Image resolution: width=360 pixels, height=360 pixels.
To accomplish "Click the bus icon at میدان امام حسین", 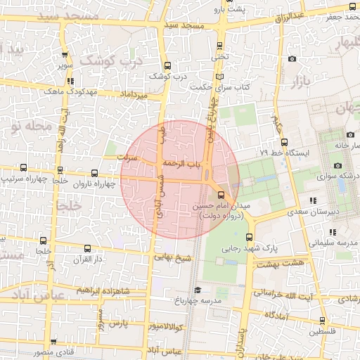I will (x=221, y=193).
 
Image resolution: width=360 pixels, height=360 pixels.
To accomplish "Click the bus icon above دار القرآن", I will (x=87, y=247).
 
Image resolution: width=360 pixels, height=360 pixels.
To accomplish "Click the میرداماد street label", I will (x=133, y=93).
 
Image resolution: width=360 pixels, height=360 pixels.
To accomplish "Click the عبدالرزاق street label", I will (x=290, y=15).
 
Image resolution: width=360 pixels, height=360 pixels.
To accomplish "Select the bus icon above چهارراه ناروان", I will (x=95, y=173).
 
